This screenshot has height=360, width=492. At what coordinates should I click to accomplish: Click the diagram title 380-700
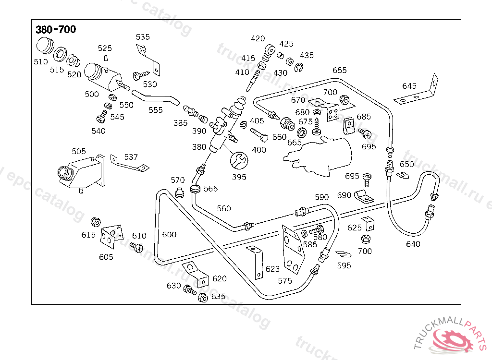click(x=56, y=30)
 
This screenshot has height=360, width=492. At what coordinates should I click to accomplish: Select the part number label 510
click(x=41, y=62)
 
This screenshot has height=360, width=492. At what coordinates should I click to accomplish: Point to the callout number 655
click(x=340, y=70)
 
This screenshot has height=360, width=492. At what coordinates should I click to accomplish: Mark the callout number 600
click(x=169, y=235)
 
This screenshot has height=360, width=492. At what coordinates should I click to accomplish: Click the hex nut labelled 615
click(x=96, y=222)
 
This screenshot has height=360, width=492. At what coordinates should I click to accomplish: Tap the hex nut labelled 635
click(x=202, y=298)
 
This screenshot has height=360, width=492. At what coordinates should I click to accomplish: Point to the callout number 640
click(x=413, y=244)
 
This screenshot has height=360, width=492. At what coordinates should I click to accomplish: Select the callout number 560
click(x=224, y=208)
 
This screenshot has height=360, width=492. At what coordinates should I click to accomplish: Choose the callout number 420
click(x=258, y=39)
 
